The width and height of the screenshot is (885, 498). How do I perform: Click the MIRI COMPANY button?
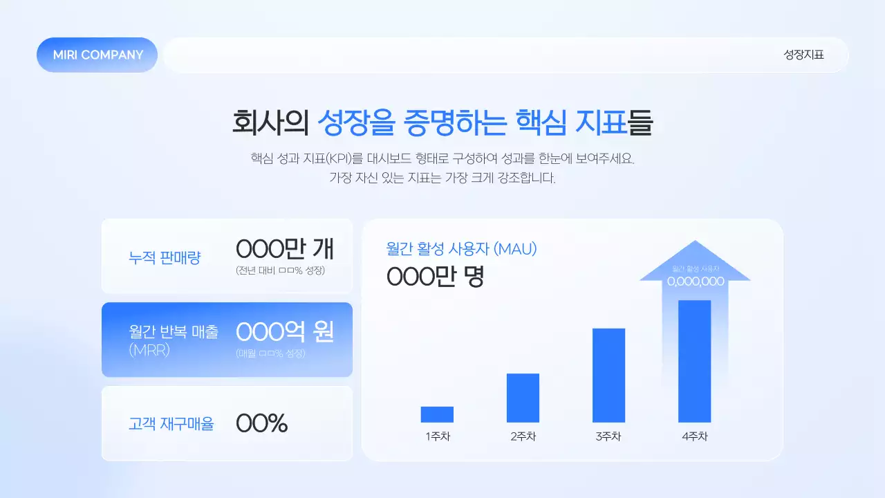[97, 55]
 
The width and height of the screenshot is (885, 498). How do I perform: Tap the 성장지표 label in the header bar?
[803, 55]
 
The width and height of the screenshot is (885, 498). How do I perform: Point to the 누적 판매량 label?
[165, 258]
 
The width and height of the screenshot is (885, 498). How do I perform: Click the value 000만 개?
[285, 248]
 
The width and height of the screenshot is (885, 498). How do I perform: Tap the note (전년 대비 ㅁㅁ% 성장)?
[280, 270]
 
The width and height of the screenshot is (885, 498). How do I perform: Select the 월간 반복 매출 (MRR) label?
[174, 340]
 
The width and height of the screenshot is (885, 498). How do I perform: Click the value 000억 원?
[285, 332]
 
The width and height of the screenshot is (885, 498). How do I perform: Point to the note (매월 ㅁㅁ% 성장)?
[270, 353]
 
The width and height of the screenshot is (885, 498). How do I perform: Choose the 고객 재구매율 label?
[171, 424]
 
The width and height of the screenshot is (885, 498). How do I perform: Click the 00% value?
[261, 423]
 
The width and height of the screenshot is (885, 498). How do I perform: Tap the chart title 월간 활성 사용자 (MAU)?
[461, 249]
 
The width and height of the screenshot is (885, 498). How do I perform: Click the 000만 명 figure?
[435, 277]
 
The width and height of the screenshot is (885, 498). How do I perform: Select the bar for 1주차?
[437, 414]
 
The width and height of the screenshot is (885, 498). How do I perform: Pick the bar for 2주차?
[523, 398]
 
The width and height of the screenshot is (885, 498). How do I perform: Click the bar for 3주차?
[608, 375]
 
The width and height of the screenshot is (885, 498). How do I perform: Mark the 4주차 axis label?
[694, 436]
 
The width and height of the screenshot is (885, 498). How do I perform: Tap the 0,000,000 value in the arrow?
[695, 282]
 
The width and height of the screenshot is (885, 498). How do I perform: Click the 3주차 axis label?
[608, 436]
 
